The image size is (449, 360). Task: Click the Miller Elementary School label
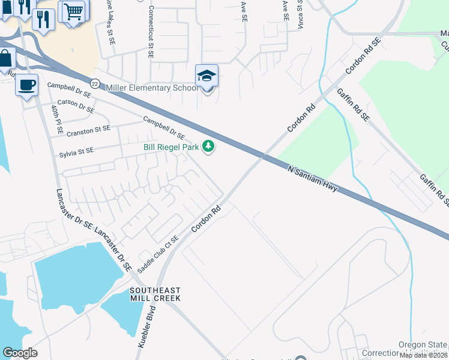pos(151,88)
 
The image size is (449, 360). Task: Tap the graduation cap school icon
pos(206,76)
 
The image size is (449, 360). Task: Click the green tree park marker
pos(208,146)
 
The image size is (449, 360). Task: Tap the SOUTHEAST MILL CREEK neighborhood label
pos(155,293)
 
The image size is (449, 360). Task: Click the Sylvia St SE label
pos(76,152)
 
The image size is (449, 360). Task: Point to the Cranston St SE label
pos(89,129)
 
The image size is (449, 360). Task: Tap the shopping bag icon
pos(6,59)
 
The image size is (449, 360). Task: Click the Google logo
pos(20,353)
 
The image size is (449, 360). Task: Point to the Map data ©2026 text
pos(423,355)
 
